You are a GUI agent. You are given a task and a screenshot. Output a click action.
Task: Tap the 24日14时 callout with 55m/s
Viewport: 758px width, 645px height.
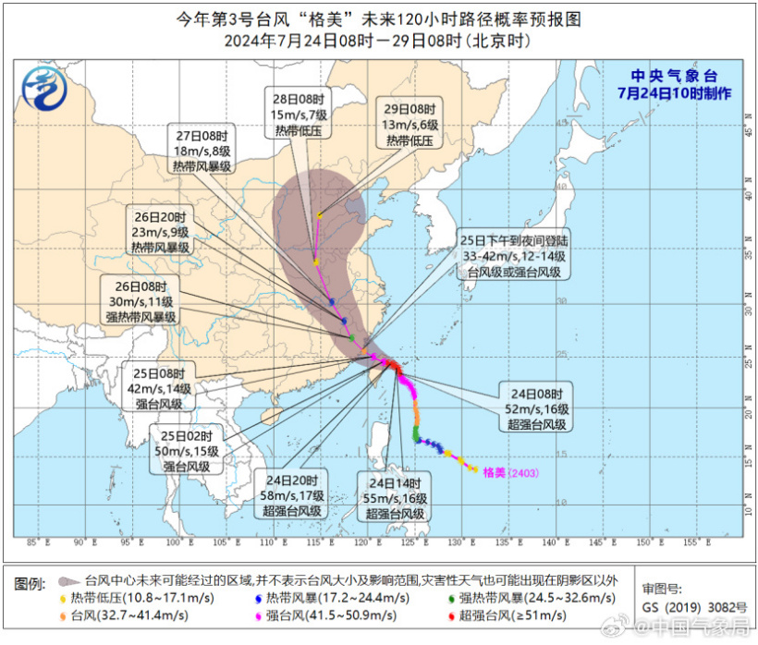[x=394, y=496]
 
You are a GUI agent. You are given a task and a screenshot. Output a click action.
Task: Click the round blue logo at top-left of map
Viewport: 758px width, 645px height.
[x=43, y=90]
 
